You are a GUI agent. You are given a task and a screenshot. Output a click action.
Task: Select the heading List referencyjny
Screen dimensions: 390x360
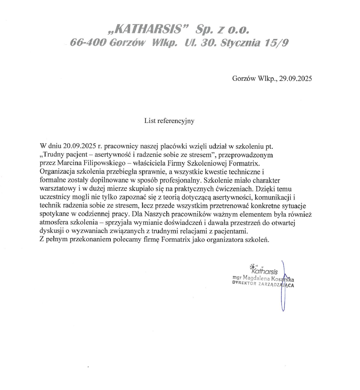tap(169, 121)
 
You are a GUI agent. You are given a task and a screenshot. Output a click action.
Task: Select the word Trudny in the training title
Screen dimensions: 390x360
tap(54, 154)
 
